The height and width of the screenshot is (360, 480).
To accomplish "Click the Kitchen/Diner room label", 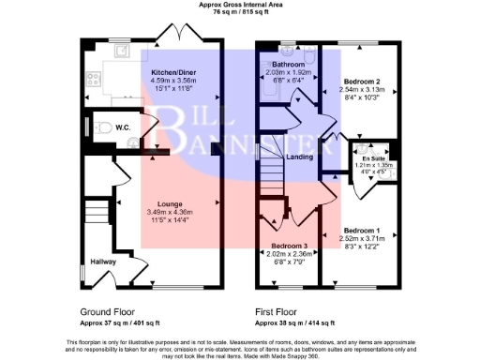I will coord(177,71).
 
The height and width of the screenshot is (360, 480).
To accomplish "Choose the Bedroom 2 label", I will coord(361,82).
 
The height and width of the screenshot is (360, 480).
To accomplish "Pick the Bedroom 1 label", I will coord(362,230).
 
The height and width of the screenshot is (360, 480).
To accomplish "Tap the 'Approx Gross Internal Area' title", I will coord(239,5).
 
